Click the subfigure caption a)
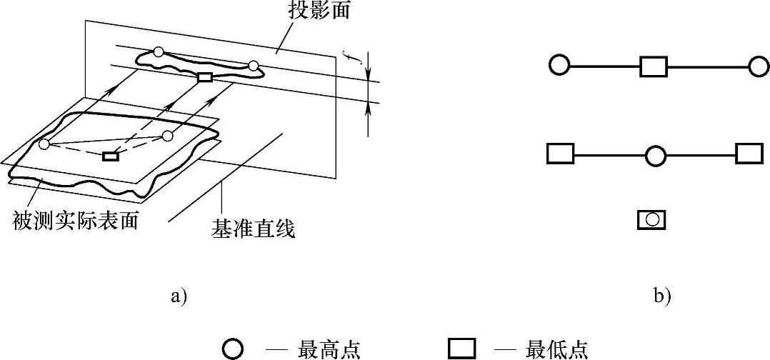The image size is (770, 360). (178, 296)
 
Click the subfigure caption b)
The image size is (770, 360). (662, 296)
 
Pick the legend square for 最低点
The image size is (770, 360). (461, 349)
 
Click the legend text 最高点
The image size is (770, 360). (329, 349)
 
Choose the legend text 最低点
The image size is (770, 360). (557, 349)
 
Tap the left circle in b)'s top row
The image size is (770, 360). (559, 66)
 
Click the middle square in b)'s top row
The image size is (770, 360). (653, 67)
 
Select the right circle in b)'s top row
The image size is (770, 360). (758, 66)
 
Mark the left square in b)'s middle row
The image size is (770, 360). (560, 154)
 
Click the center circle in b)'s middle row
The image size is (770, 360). (655, 156)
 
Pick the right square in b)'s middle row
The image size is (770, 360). (749, 154)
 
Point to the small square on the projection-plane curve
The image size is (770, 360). (205, 77)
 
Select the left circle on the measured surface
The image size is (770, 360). (44, 145)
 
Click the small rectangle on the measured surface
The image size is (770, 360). (110, 156)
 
